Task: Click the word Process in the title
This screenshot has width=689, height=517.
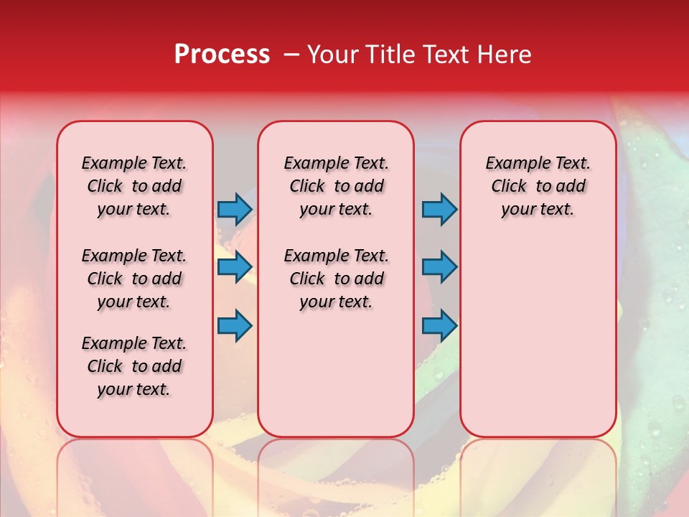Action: pos(222,55)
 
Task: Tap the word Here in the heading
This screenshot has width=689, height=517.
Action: pos(505,55)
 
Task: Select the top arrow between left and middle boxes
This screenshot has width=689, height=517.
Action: pos(235,210)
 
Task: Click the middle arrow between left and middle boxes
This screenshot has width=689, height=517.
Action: pos(235,267)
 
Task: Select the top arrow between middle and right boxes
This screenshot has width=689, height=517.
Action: pos(439,210)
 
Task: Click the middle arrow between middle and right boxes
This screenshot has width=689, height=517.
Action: pos(439,267)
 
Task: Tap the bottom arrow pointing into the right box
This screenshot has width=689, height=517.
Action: pos(439,326)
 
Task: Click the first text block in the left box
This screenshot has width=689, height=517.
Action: pos(134,186)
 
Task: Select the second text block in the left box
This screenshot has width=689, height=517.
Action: pos(134,279)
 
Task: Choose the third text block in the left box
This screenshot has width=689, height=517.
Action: pos(134,366)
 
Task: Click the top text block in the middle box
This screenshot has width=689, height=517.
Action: pos(336,186)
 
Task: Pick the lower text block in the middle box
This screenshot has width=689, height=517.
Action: pos(336,279)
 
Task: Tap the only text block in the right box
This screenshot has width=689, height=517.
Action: pos(538,186)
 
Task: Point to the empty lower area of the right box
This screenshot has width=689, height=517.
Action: pos(538,337)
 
